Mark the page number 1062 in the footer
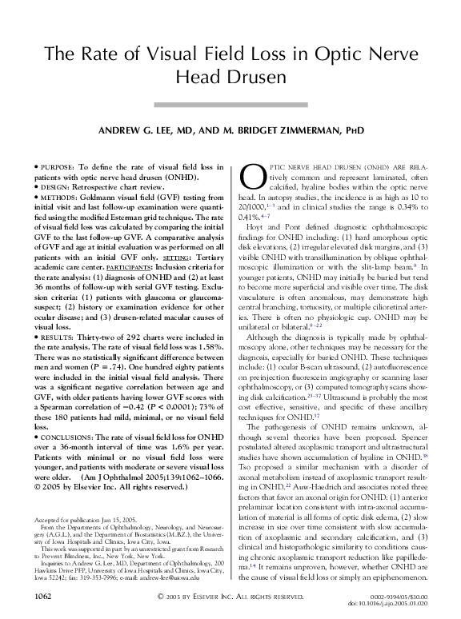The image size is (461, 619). coord(36,597)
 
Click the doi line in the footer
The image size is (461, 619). coord(404,604)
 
